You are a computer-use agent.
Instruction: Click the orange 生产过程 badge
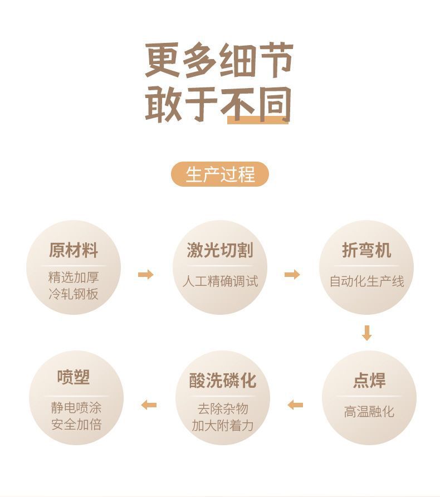point(220,174)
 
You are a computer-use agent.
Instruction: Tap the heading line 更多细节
point(219,61)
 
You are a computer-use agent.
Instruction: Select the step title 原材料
point(74,250)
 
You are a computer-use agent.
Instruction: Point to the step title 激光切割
point(220,250)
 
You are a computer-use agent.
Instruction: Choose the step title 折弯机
point(366,250)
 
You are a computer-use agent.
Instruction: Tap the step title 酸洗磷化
point(222,381)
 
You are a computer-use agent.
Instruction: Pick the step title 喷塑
point(74,377)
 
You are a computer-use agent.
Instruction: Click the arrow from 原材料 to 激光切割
point(145,274)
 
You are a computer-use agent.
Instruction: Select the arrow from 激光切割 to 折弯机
point(292,274)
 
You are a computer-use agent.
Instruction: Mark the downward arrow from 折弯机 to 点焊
point(366,333)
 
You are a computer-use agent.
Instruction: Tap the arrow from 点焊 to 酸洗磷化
point(295,405)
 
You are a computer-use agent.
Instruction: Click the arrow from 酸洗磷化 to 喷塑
point(149,405)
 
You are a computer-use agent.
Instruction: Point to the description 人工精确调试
point(220,281)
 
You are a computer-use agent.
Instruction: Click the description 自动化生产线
point(366,281)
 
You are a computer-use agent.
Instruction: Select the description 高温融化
point(369,412)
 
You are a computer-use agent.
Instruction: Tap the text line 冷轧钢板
point(74,294)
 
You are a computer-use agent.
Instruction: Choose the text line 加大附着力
point(222,425)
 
